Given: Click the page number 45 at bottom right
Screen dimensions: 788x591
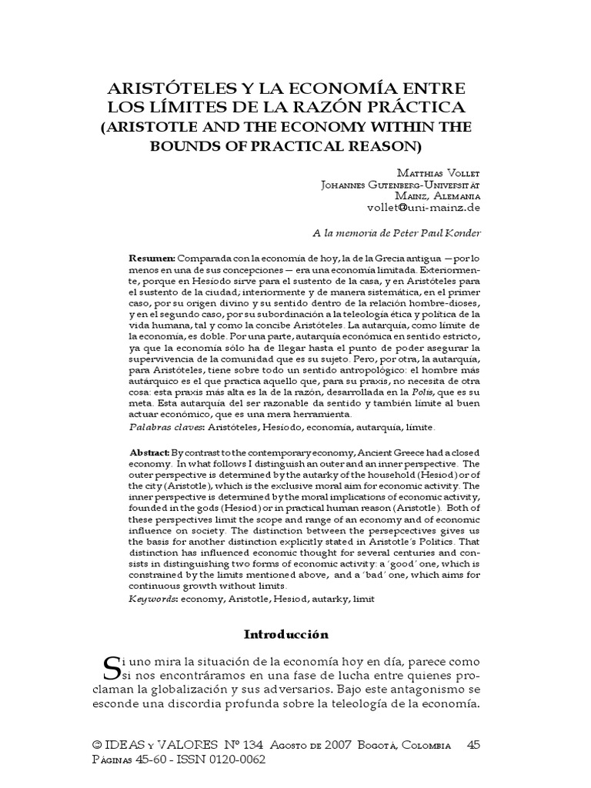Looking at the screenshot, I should [x=475, y=745].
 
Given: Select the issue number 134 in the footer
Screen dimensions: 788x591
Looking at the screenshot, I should [x=251, y=745].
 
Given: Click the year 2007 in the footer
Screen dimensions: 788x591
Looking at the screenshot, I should [x=338, y=745].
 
